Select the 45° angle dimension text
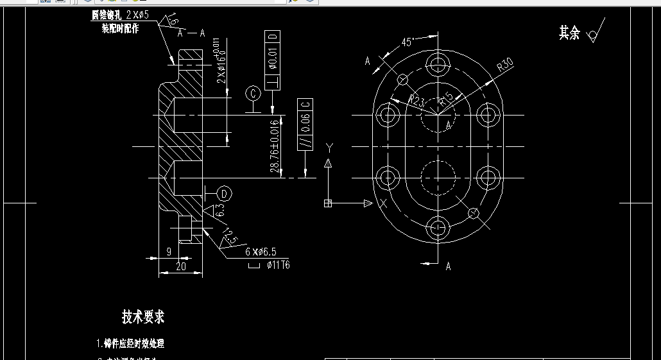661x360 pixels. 407,42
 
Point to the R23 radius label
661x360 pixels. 417,101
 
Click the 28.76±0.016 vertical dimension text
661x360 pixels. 275,146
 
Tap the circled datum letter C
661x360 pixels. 253,94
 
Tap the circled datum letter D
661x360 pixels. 224,193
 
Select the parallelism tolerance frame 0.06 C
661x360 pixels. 305,124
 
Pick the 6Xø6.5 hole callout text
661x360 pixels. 265,251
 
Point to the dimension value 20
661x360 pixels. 181,266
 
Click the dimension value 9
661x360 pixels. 169,252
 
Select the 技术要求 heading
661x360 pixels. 143,316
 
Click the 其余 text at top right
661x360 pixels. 569,33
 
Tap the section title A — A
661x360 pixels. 191,33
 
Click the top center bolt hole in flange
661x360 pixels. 439,63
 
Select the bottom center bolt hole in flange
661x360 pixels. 439,227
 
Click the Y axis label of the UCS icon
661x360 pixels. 329,147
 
